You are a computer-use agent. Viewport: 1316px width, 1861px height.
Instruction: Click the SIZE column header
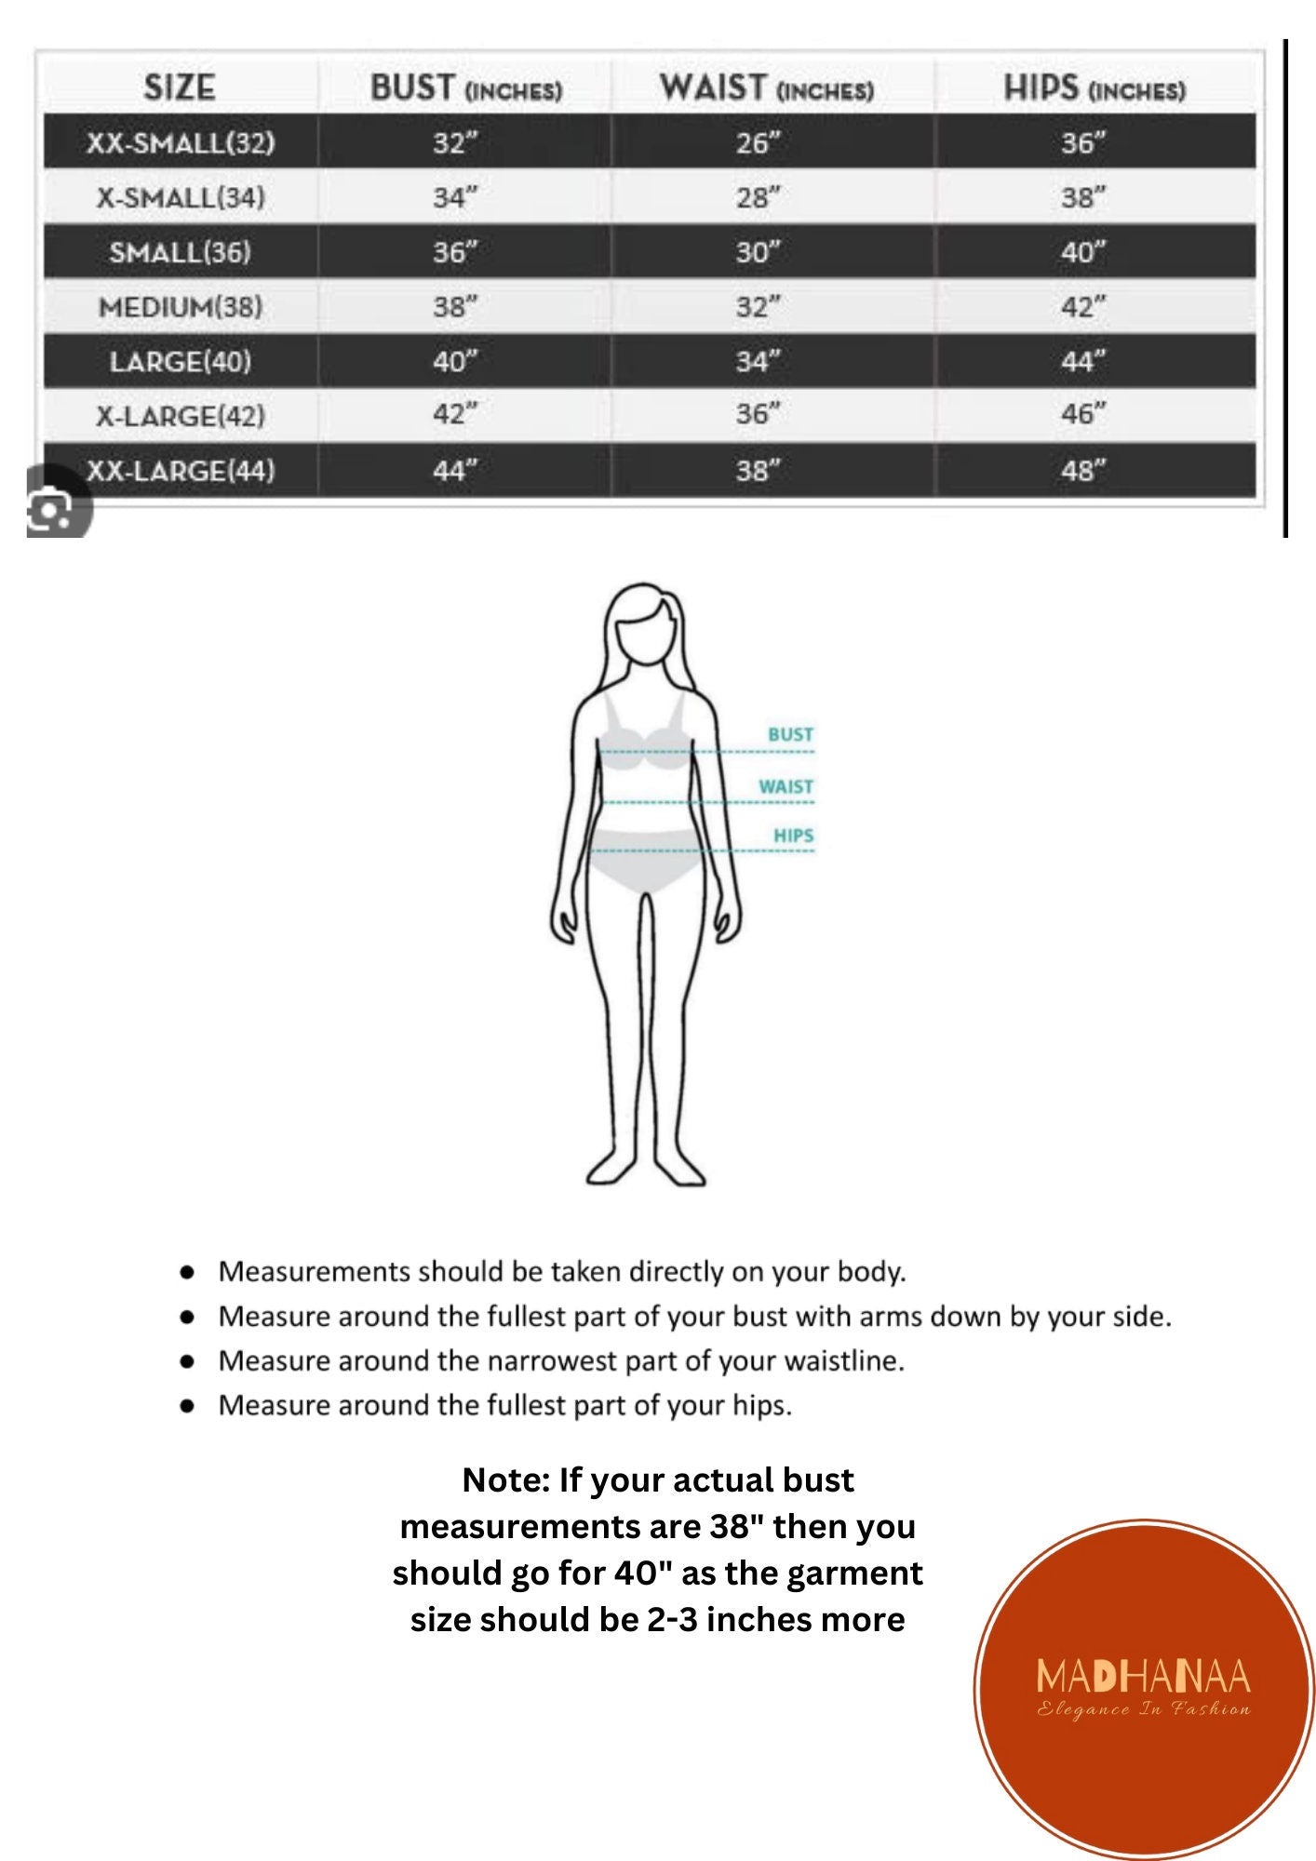click(180, 87)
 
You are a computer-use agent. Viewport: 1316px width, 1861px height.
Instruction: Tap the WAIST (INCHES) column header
click(766, 88)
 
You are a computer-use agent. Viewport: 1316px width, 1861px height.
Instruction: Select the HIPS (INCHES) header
click(1094, 88)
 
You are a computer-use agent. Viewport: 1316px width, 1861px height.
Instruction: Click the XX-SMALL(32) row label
click(181, 142)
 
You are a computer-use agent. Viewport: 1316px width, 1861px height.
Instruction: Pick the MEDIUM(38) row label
click(181, 306)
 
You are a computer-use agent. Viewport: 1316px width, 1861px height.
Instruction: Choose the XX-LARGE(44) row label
click(181, 471)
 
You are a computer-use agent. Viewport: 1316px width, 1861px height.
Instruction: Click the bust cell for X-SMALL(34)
click(454, 197)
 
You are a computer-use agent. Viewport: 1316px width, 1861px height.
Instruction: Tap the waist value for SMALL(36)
click(758, 252)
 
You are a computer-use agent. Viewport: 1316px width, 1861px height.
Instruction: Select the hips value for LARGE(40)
click(1082, 361)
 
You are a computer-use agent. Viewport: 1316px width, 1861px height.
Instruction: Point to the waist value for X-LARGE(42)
click(758, 414)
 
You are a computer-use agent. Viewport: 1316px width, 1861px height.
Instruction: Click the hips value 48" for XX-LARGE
click(1082, 471)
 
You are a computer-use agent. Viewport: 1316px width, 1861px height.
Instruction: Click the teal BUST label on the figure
click(790, 734)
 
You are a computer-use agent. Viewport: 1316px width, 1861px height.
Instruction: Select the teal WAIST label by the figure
click(786, 786)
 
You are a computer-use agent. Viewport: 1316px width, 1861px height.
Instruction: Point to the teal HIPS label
click(793, 836)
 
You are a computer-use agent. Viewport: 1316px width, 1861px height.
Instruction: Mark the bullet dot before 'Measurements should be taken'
click(188, 1271)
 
